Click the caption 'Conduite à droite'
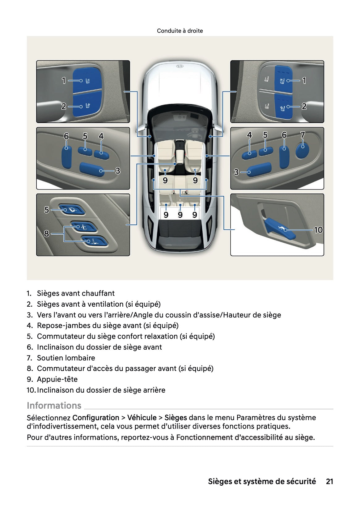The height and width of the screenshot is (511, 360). (x=180, y=31)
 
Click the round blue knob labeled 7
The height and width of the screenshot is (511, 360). (x=302, y=150)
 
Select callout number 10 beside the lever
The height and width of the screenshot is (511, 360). (x=318, y=230)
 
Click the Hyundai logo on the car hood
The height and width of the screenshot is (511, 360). (x=180, y=66)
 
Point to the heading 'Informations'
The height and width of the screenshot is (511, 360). (x=54, y=405)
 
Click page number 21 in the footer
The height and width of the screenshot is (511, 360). (x=329, y=481)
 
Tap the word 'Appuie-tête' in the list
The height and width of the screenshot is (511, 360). (x=57, y=379)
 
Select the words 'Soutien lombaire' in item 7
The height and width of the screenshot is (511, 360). (x=66, y=358)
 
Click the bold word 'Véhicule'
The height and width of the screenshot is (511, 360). (x=142, y=418)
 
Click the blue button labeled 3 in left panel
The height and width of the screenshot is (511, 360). (x=92, y=169)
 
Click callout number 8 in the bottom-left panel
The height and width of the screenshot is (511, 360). (x=46, y=233)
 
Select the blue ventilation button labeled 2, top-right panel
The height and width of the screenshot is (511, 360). (x=283, y=107)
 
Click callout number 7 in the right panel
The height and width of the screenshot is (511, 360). (x=303, y=135)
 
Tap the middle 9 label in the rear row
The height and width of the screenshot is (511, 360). (x=180, y=215)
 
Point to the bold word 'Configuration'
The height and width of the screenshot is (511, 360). (x=95, y=418)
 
